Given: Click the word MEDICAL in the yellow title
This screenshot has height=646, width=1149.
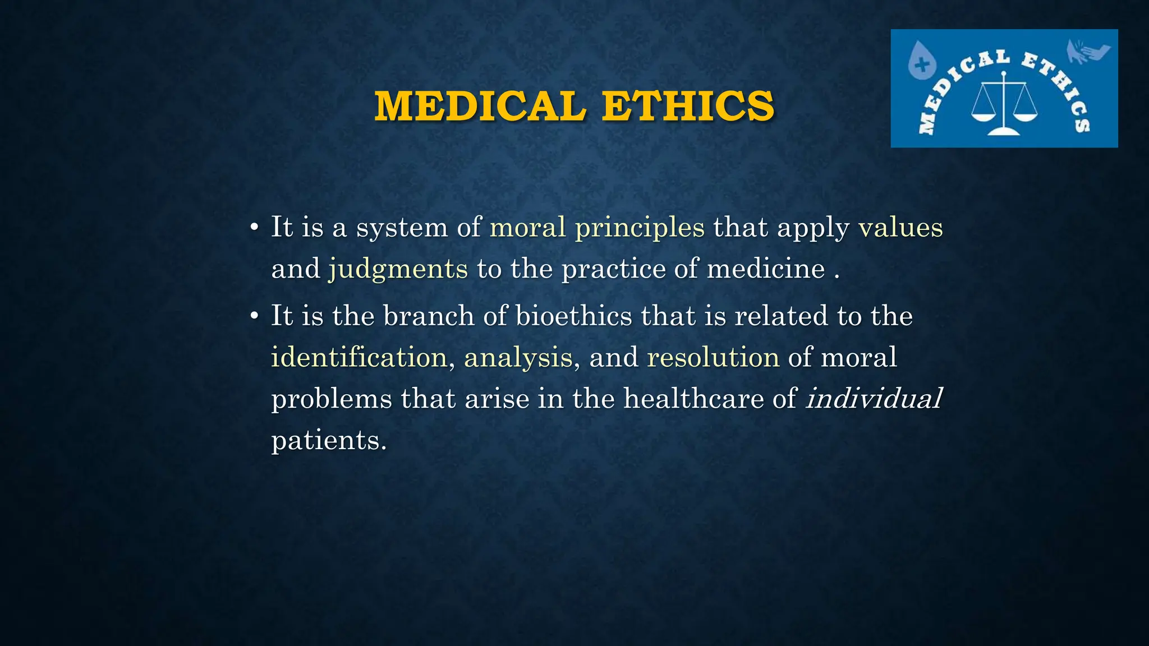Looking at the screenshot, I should (x=480, y=106).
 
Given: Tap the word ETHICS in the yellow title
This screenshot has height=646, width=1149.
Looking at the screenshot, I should (x=688, y=106).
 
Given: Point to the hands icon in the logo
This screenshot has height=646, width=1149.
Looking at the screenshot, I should (x=1087, y=52).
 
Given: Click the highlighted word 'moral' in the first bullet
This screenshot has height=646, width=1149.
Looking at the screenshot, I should (x=527, y=227).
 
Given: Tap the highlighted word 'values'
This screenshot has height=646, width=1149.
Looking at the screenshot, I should (x=900, y=227).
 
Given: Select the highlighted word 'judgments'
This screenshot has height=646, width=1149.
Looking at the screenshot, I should (x=398, y=269).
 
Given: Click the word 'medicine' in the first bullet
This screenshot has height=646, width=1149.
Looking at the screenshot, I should (x=766, y=269).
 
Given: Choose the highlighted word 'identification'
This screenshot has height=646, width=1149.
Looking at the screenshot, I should (x=359, y=357).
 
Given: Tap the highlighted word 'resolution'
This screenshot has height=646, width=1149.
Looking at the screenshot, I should (x=713, y=357).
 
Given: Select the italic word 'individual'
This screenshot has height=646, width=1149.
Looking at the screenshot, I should (x=874, y=399).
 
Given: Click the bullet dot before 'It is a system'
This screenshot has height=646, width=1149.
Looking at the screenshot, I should (x=254, y=228).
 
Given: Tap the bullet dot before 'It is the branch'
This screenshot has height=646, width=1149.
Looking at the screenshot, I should (x=254, y=316).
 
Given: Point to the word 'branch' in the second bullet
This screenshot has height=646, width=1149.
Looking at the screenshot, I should (x=429, y=315).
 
